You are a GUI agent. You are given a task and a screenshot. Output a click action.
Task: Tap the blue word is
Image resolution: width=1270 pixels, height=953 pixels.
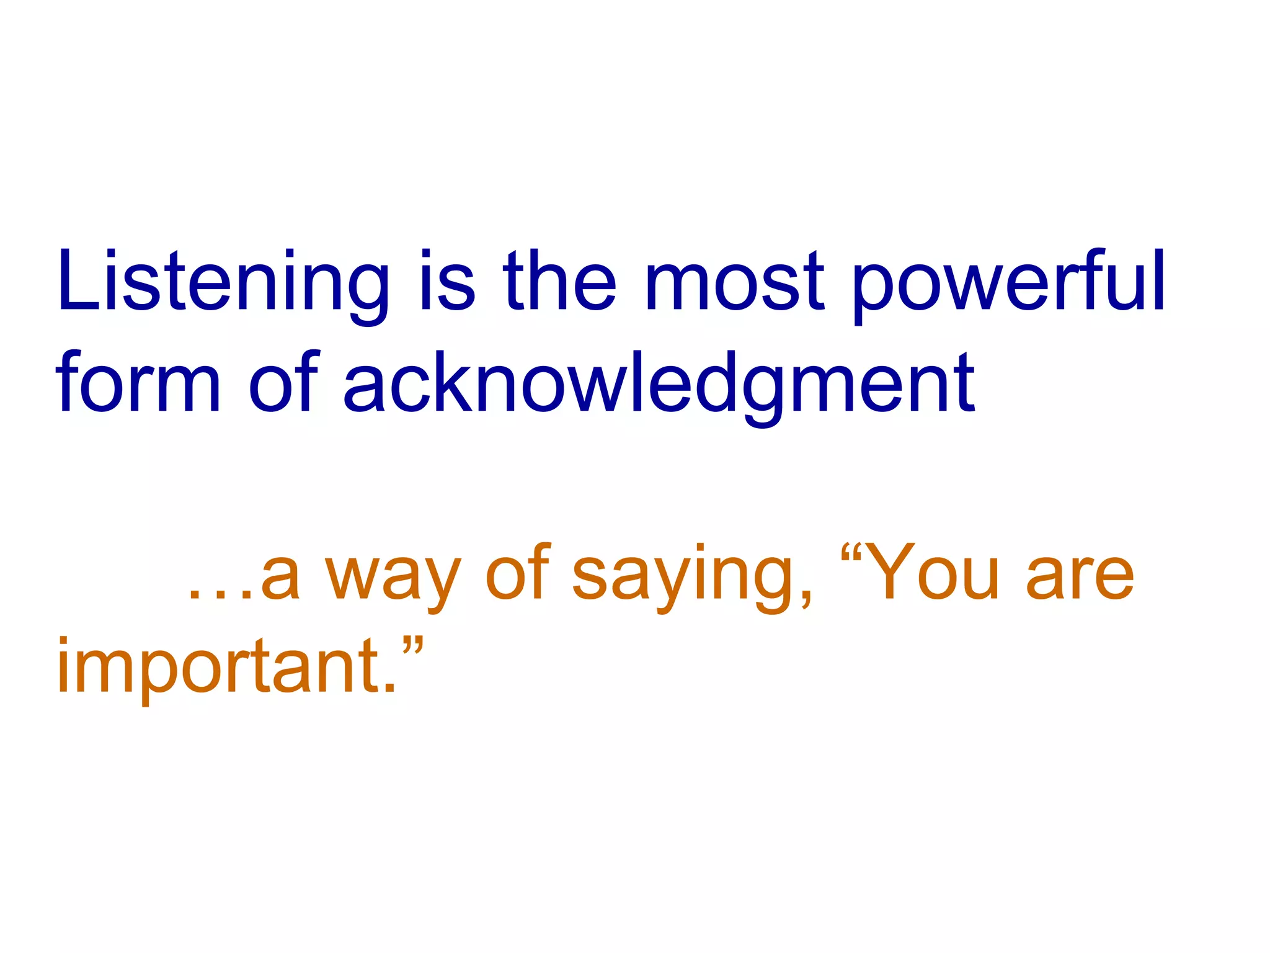pos(448,282)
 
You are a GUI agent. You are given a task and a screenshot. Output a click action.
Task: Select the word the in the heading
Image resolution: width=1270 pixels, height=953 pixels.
pos(559,282)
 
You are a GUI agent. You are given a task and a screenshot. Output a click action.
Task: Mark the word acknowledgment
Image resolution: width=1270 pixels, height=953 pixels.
pos(659,385)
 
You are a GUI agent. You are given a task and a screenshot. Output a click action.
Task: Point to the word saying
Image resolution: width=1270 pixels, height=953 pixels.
pos(682,577)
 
